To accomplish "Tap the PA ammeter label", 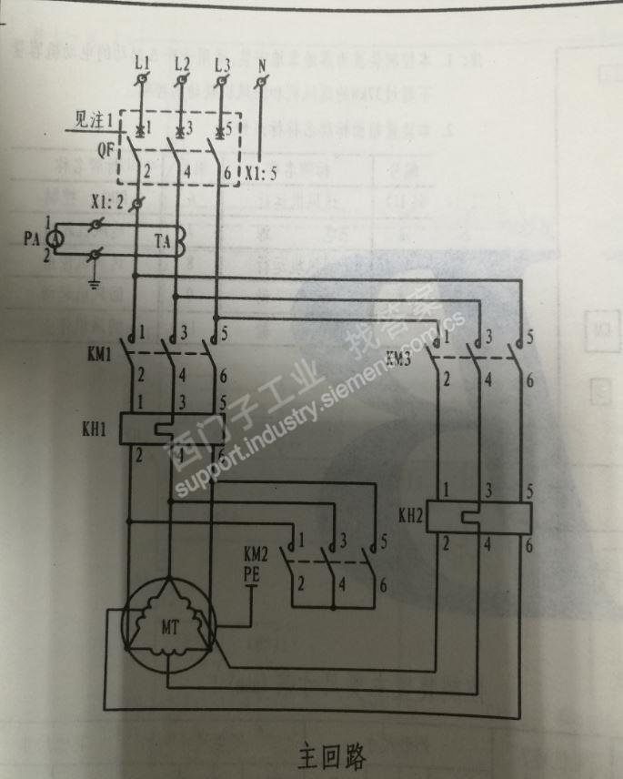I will tap(31, 240).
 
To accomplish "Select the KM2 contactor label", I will tap(256, 553).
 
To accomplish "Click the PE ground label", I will tap(255, 573).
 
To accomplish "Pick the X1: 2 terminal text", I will tap(108, 201).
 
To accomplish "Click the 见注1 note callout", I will tap(95, 120).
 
